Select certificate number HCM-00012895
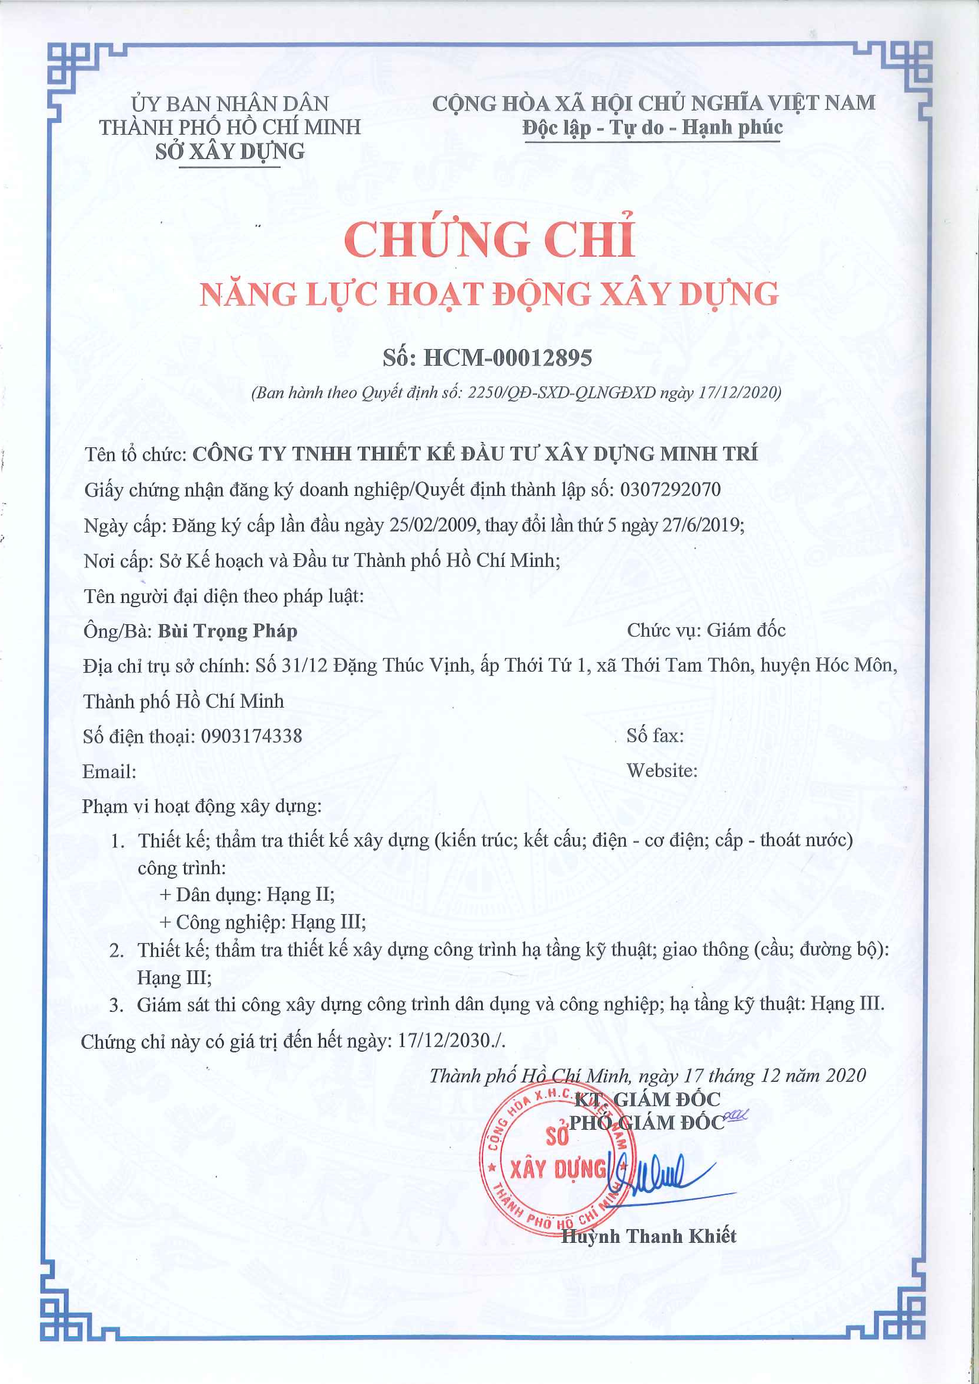tap(508, 358)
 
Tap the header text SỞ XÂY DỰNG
tap(230, 151)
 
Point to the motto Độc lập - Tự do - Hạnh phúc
tap(652, 128)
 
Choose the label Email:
tap(109, 772)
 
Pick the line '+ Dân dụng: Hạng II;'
tap(247, 894)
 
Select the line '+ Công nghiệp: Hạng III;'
tap(262, 922)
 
